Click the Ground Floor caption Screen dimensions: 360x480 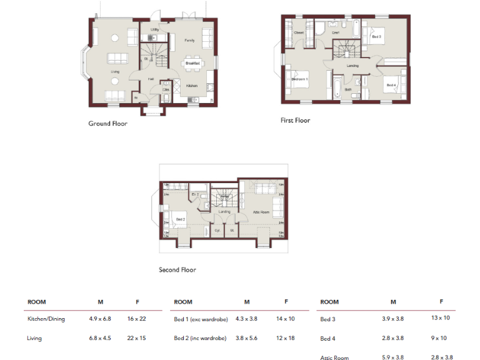pos(107,124)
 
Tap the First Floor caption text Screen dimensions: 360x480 pos(295,121)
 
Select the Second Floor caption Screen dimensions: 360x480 pos(177,270)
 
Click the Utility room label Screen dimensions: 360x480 pos(154,29)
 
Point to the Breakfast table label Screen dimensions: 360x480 pos(192,63)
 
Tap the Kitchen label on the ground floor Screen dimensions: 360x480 pos(192,86)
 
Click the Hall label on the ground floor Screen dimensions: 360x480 pos(151,79)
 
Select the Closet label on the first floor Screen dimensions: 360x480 pos(299,32)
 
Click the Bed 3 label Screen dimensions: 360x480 pos(376,37)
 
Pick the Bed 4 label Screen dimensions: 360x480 pos(391,85)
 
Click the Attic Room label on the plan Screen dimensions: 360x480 pos(261,212)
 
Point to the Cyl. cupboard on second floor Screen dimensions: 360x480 pos(217,229)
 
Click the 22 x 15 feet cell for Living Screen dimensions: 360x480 pos(138,338)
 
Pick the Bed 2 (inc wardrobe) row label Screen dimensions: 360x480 pos(201,338)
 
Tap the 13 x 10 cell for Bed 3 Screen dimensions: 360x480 pos(440,319)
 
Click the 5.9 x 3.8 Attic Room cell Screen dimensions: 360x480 pos(393,357)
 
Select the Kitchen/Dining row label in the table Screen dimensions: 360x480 pos(46,319)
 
